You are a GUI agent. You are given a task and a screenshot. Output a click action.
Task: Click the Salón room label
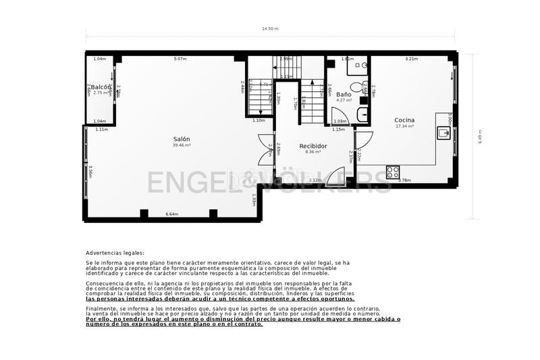[181, 138]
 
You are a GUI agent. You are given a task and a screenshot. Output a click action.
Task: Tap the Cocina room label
[404, 120]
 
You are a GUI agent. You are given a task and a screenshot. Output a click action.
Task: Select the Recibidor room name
[313, 145]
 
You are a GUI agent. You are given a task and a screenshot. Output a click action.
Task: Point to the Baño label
[344, 94]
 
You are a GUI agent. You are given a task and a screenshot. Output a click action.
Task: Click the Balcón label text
[101, 87]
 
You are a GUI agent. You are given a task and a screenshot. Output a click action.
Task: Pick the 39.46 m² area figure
[181, 145]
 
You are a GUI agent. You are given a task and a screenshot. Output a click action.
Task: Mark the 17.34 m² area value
[404, 126]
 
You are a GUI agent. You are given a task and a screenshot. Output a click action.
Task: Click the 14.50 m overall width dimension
[270, 29]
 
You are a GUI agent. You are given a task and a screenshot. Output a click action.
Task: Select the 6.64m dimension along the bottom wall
[171, 214]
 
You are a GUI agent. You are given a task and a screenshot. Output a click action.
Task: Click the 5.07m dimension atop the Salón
[180, 59]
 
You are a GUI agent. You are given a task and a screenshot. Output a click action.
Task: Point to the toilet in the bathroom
[363, 66]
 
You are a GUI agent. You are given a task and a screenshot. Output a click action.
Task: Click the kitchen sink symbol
[444, 133]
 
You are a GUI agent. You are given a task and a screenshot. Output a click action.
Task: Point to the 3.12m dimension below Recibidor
[315, 180]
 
